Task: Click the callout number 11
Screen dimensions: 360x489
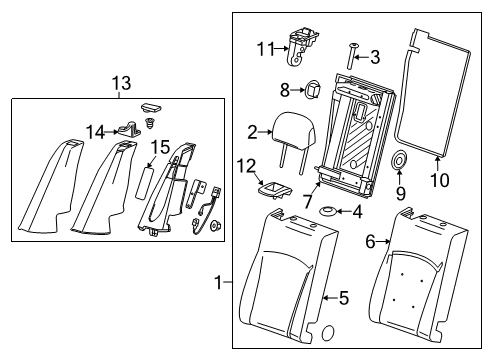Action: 264,48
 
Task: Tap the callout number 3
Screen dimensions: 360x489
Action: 375,56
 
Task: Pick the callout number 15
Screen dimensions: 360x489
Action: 160,146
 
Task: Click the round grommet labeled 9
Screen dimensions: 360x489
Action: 399,161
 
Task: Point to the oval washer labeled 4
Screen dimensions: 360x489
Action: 328,211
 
